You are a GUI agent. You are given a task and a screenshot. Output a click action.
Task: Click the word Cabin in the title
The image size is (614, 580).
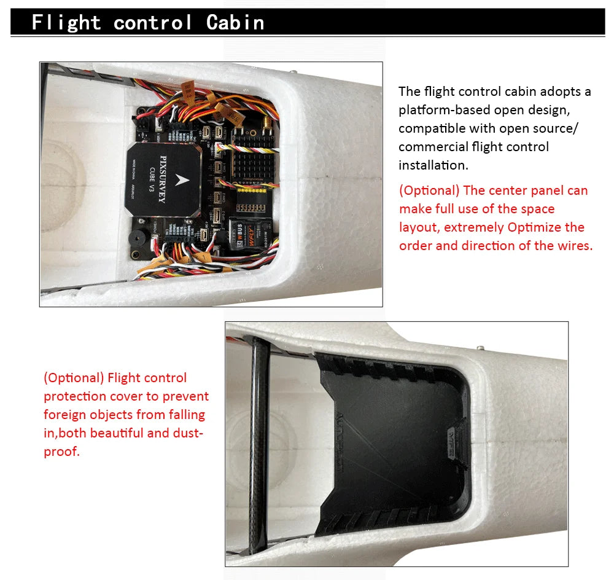tap(235, 23)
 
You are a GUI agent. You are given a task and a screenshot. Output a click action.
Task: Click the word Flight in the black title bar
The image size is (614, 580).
tap(66, 23)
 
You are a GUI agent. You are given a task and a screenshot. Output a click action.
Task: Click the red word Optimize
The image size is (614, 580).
tap(532, 227)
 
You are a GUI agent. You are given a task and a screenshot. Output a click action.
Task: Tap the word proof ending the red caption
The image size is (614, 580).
tap(61, 452)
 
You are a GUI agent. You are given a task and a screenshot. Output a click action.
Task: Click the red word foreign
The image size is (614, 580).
tap(63, 415)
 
